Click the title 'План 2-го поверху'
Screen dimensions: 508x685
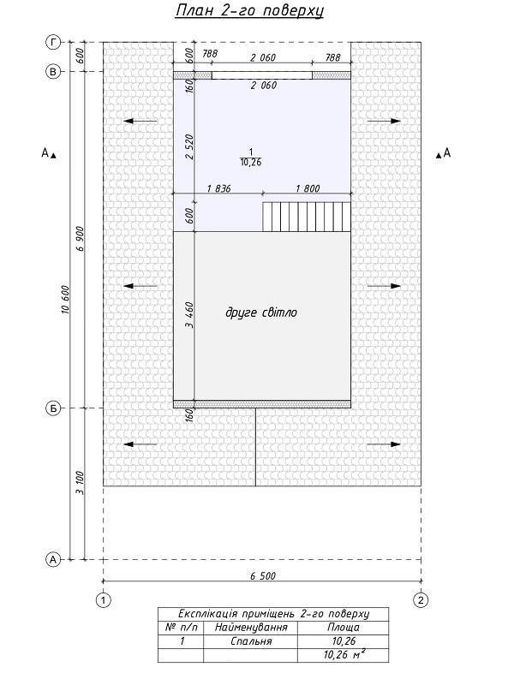pyautogui.click(x=249, y=11)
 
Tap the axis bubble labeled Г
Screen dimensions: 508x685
pyautogui.click(x=53, y=42)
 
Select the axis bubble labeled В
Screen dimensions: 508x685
pyautogui.click(x=53, y=72)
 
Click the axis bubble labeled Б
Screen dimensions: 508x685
pyautogui.click(x=53, y=408)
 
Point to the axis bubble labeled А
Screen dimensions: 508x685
pyautogui.click(x=53, y=559)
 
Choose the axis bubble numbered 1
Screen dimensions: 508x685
pyautogui.click(x=103, y=600)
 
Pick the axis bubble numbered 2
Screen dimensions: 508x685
pyautogui.click(x=421, y=600)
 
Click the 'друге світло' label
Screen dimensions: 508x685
pyautogui.click(x=261, y=313)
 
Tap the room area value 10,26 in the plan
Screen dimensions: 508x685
pyautogui.click(x=250, y=163)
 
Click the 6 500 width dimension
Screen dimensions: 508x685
pyautogui.click(x=263, y=575)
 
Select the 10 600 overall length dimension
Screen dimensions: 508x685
pyautogui.click(x=66, y=300)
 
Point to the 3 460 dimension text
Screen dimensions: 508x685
pyautogui.click(x=189, y=315)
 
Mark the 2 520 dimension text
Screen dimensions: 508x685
pyautogui.click(x=189, y=147)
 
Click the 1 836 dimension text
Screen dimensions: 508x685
pyautogui.click(x=218, y=188)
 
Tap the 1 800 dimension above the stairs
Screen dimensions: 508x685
pyautogui.click(x=308, y=188)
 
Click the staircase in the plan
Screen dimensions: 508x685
pyautogui.click(x=307, y=217)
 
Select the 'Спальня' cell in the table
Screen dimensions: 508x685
pyautogui.click(x=251, y=641)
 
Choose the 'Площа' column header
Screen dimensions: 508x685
pyautogui.click(x=344, y=628)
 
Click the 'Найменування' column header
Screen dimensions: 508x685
pyautogui.click(x=251, y=628)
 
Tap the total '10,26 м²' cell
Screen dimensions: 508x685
pyautogui.click(x=344, y=654)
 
